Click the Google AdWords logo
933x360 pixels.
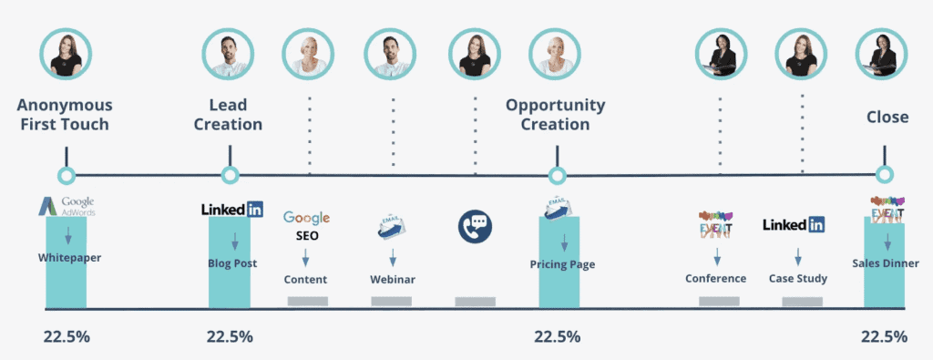pos(66,207)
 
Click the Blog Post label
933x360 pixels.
pos(232,263)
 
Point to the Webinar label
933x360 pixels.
pos(393,279)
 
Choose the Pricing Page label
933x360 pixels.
pos(562,264)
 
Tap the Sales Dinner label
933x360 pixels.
pos(886,263)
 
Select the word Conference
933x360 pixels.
pos(715,278)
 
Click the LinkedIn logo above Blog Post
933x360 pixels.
pos(232,210)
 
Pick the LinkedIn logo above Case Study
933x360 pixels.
pos(794,224)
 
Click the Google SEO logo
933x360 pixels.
pos(306,224)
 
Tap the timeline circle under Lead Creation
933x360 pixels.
pos(231,175)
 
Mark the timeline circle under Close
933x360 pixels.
pos(883,174)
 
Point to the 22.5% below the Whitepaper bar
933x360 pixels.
pos(66,336)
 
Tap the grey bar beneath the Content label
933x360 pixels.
pos(307,301)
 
